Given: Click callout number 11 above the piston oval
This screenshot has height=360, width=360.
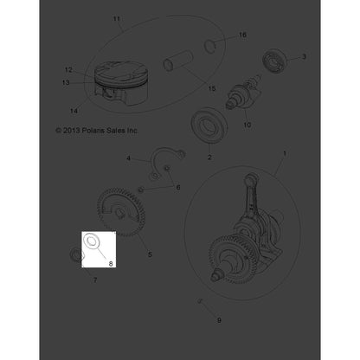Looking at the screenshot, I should pos(119,17).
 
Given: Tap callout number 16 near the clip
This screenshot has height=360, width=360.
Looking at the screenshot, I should pos(242,35).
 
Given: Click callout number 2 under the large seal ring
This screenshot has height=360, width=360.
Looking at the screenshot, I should pos(209,158).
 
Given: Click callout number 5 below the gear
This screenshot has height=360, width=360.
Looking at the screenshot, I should pos(150,254).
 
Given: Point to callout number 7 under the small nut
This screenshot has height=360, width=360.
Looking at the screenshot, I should pos(95,281).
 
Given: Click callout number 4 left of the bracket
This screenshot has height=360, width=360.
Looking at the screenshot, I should pos(128,159).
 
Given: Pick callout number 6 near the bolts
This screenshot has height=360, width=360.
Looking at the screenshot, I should pos(178,187).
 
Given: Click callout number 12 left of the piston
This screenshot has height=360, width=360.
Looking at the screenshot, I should pos(68,69).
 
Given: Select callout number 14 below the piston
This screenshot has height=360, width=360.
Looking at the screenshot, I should pos(72,111).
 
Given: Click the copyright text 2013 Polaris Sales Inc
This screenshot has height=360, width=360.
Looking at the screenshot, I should pos(96,130).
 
